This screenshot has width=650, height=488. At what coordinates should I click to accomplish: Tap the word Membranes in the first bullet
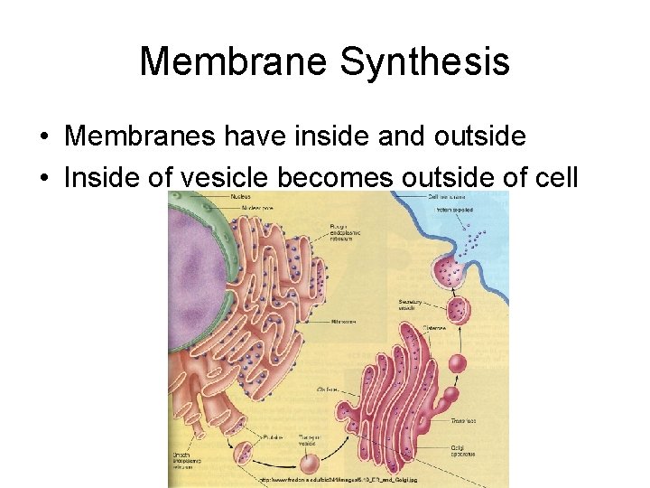[134, 136]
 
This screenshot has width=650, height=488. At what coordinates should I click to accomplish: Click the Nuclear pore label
[257, 208]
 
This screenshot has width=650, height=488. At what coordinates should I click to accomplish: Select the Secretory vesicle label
[409, 305]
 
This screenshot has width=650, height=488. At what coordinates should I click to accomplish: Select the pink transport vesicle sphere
[311, 464]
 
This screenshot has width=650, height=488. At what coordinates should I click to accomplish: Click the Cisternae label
[412, 329]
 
